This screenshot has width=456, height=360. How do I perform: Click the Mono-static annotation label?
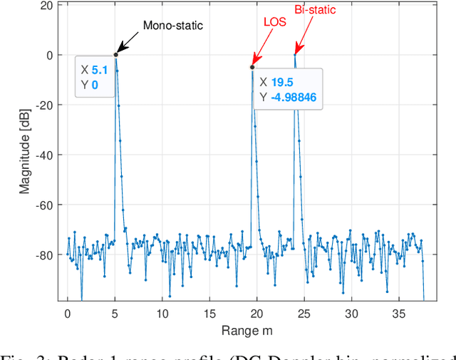(173, 26)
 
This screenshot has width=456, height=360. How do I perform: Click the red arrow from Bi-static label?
(303, 36)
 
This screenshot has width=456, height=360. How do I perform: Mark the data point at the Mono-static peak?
(115, 55)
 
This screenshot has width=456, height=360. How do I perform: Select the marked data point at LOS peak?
(252, 67)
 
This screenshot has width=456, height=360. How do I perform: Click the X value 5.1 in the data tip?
(99, 71)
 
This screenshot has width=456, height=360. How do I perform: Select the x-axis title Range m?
(246, 330)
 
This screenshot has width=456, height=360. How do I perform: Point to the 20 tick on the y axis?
(46, 5)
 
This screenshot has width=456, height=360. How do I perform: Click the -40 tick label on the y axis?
(43, 155)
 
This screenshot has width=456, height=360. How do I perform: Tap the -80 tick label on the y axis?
(43, 254)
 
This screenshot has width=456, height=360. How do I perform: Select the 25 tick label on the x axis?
(304, 312)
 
